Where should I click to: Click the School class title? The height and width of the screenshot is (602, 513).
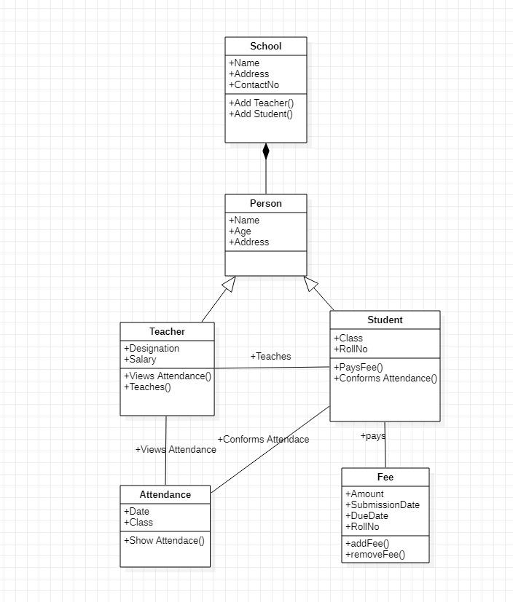point(265,47)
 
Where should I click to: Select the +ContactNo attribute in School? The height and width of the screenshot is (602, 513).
point(254,85)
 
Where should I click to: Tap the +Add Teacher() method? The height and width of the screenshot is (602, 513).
point(261,103)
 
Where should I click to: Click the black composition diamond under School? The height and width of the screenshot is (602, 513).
point(266,151)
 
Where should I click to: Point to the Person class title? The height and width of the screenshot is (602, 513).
point(265,204)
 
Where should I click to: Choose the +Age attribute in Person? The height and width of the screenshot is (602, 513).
point(240,231)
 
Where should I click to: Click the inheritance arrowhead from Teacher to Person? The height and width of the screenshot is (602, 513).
point(230,284)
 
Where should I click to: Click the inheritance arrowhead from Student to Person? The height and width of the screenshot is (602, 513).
point(311,284)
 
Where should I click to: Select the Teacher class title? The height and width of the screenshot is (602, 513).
point(167,332)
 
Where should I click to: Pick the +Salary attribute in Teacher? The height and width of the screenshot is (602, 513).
point(140,360)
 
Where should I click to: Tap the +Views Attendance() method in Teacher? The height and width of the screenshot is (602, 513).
point(168,376)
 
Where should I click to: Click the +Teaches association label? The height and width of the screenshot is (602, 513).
point(270,357)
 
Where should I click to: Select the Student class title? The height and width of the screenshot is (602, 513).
point(385,320)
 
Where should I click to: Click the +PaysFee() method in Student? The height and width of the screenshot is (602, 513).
point(358,368)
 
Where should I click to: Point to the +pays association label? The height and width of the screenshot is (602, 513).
point(372,436)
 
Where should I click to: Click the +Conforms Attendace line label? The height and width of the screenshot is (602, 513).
point(263,440)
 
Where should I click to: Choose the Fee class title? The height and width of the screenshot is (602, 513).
point(385,478)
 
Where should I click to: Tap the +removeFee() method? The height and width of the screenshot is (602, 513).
point(375,555)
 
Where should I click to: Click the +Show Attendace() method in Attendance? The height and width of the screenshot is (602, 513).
point(164,541)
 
